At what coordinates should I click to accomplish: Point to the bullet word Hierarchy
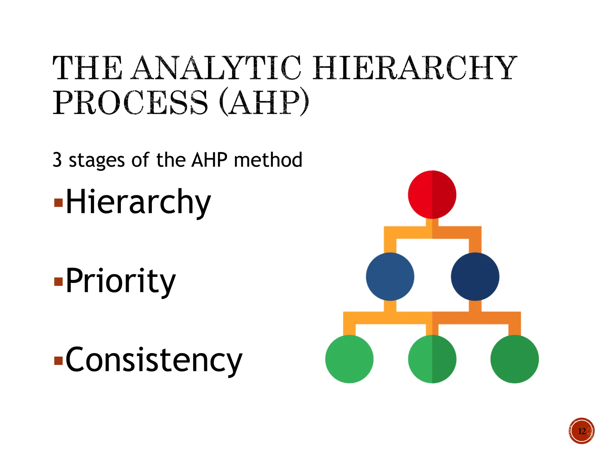click(138, 202)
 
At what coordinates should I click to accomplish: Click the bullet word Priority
click(121, 281)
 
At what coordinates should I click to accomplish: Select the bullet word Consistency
click(154, 360)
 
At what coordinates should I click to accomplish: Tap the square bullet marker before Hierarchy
click(58, 203)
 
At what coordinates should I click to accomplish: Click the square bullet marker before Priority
click(58, 282)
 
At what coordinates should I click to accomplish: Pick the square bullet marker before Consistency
click(58, 361)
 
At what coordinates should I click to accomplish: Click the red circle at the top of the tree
click(432, 194)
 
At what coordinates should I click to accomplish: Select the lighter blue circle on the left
click(390, 277)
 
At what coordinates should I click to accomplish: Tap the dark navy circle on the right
click(475, 277)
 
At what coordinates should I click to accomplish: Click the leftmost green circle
click(349, 359)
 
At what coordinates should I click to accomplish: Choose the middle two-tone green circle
click(432, 359)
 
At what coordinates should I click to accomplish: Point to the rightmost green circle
click(514, 359)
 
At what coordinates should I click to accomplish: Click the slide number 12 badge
click(581, 431)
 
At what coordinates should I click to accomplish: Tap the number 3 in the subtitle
click(57, 160)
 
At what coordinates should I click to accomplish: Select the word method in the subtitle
click(268, 160)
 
